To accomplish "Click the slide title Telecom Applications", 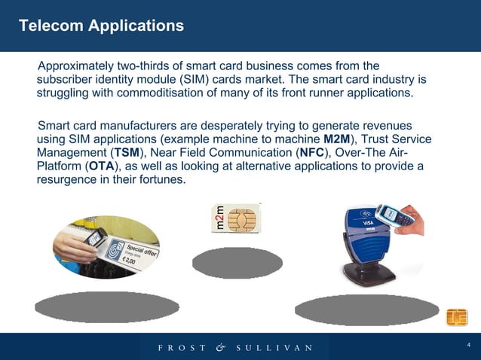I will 101,26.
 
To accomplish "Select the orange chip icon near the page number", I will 457,318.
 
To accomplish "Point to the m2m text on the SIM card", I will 216,219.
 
